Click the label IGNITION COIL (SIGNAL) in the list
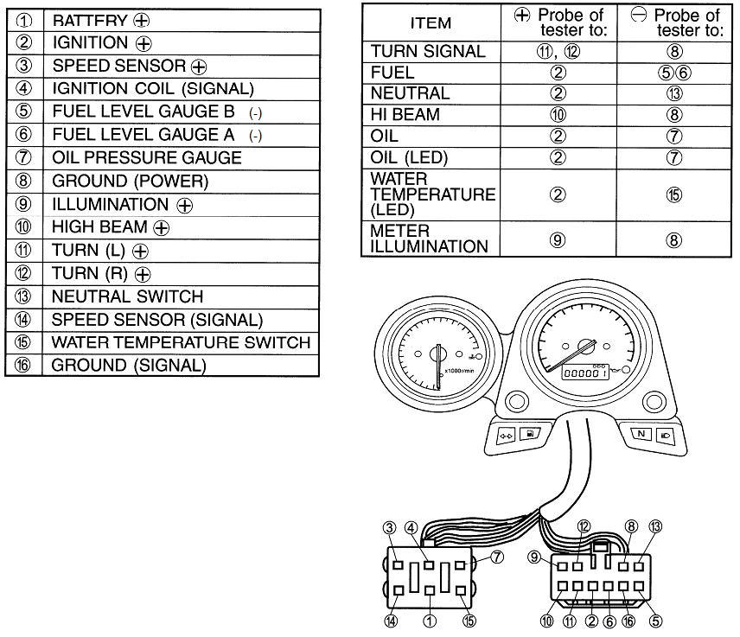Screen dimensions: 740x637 (x=153, y=89)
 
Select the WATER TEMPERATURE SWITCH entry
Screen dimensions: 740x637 (x=182, y=342)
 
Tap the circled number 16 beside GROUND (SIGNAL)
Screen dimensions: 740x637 (x=22, y=366)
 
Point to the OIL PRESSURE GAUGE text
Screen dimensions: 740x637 (x=147, y=157)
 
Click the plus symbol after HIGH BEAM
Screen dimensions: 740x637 (x=162, y=228)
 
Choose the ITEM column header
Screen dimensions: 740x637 (x=431, y=22)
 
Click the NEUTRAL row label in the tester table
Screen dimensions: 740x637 (x=410, y=93)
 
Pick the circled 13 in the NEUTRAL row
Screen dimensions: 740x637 (x=674, y=93)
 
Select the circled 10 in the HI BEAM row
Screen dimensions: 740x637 (x=558, y=115)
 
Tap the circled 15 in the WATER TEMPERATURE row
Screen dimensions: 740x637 (x=674, y=194)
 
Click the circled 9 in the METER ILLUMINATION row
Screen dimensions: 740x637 (x=558, y=240)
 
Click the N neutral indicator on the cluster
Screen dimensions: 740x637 (x=641, y=434)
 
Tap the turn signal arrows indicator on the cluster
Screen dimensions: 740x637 (x=507, y=436)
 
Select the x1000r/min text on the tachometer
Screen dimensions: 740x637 (x=459, y=371)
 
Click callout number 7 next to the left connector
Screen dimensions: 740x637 (x=497, y=557)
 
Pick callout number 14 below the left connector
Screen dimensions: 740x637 (x=392, y=621)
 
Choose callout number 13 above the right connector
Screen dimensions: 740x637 (x=655, y=526)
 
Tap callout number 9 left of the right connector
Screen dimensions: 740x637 (x=533, y=557)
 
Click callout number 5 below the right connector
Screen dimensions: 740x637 (x=655, y=621)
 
